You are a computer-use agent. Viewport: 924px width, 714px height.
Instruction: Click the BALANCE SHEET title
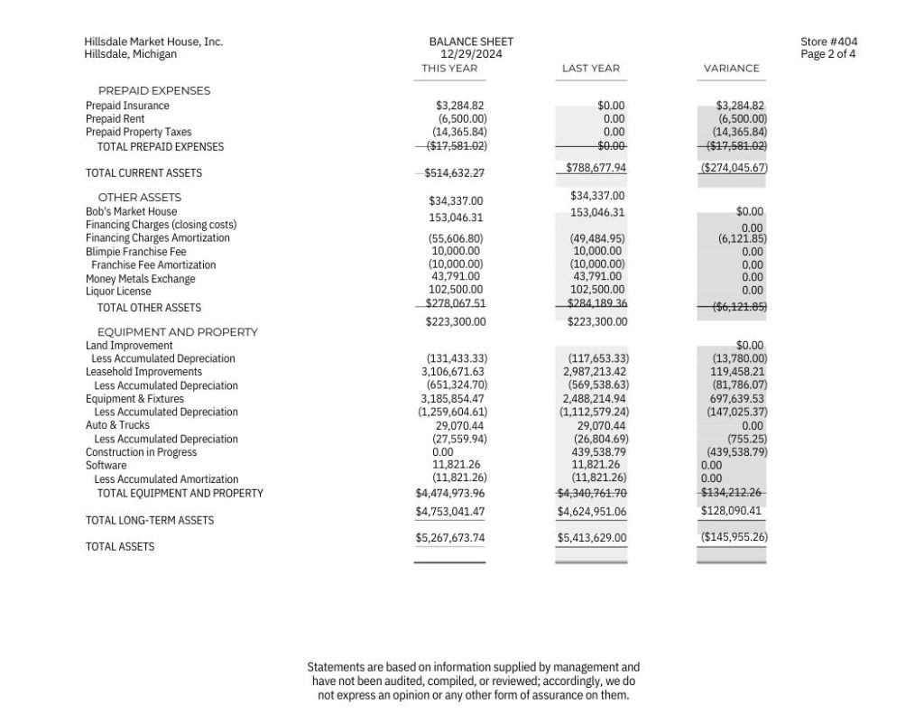[x=471, y=42]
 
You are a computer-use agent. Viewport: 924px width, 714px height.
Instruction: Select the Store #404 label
[x=828, y=42]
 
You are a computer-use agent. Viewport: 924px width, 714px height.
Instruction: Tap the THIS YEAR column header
[x=449, y=69]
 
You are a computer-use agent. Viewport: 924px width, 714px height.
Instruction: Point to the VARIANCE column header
[x=731, y=69]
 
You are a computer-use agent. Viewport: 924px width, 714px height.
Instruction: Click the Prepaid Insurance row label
[x=127, y=106]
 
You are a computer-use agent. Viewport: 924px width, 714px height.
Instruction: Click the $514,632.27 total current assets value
[x=455, y=173]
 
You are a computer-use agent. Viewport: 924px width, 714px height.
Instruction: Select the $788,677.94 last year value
[x=596, y=168]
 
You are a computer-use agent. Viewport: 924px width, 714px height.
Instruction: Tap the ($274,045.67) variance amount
[x=734, y=168]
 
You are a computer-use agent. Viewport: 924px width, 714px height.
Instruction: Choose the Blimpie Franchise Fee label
[x=135, y=252]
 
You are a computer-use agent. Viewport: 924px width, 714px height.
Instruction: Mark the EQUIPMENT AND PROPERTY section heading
[x=177, y=332]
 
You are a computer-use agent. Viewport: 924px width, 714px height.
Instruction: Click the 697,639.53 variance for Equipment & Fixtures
[x=737, y=398]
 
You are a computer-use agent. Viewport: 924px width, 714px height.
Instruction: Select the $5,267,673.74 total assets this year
[x=450, y=538]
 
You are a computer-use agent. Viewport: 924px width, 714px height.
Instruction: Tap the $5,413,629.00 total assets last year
[x=592, y=538]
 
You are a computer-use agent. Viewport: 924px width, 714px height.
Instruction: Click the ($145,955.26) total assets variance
[x=734, y=537]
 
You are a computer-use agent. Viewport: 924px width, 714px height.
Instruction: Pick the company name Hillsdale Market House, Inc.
[x=153, y=42]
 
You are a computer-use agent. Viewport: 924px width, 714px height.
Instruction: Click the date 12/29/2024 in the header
[x=471, y=54]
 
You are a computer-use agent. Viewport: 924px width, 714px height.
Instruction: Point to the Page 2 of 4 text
[x=828, y=54]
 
